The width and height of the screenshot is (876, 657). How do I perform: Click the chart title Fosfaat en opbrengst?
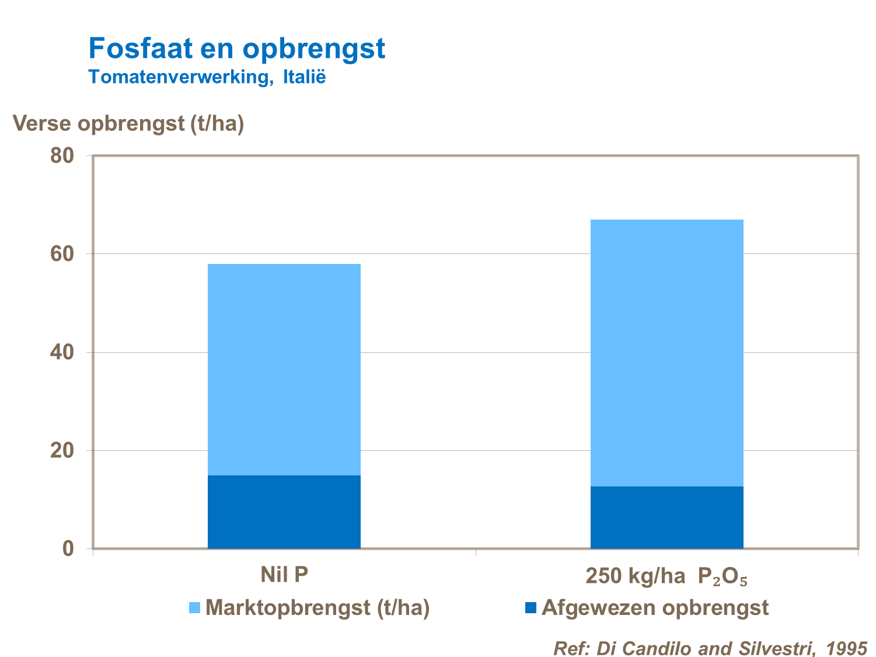[x=236, y=48]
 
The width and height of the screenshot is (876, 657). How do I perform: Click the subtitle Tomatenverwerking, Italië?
[x=207, y=77]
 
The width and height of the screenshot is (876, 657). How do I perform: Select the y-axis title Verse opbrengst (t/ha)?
[x=128, y=123]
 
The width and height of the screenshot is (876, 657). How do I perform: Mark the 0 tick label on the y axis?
[x=68, y=549]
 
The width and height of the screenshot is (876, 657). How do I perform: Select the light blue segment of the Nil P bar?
[x=284, y=369]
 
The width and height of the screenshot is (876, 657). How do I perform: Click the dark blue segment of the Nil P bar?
[x=284, y=512]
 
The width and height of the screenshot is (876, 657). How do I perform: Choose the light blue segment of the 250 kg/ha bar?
[x=666, y=353]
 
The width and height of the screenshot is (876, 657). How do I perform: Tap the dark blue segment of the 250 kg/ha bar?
[x=666, y=517]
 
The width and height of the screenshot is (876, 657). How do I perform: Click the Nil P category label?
[x=284, y=575]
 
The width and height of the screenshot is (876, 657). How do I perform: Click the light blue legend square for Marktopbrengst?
[x=195, y=608]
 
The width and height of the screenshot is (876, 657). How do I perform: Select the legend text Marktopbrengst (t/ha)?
[x=317, y=608]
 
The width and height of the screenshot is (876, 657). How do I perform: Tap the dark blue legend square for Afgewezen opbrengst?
[x=531, y=608]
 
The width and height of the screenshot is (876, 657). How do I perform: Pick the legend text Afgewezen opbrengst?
[x=655, y=608]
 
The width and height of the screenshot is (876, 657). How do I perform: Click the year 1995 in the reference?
[x=847, y=648]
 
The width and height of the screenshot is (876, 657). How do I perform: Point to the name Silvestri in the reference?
[x=774, y=648]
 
